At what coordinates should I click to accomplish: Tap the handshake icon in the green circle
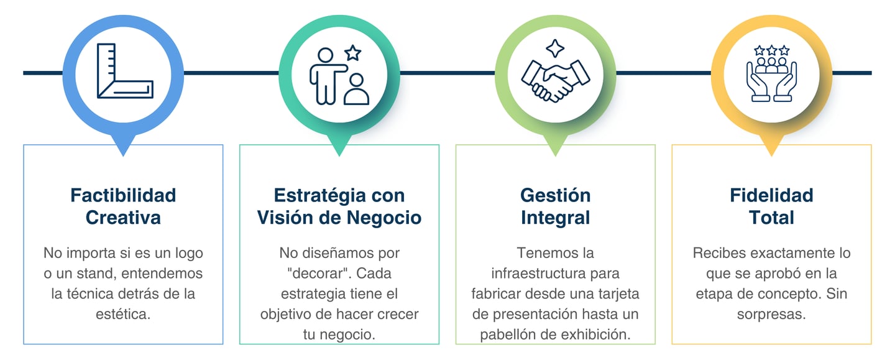pyautogui.click(x=555, y=79)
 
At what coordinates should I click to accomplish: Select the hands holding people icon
pyautogui.click(x=771, y=73)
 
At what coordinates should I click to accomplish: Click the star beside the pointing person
pyautogui.click(x=353, y=53)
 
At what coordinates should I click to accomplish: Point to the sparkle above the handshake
pyautogui.click(x=554, y=48)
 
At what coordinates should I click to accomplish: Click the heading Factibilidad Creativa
pyautogui.click(x=123, y=206)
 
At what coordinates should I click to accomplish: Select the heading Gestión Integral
pyautogui.click(x=555, y=206)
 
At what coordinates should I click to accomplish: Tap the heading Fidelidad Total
pyautogui.click(x=771, y=206)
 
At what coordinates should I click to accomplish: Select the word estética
pyautogui.click(x=123, y=314)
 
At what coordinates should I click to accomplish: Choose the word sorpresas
pyautogui.click(x=771, y=314)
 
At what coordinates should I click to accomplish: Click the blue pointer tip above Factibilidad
pyautogui.click(x=123, y=149)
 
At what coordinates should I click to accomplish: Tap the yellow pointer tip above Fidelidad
pyautogui.click(x=771, y=149)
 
